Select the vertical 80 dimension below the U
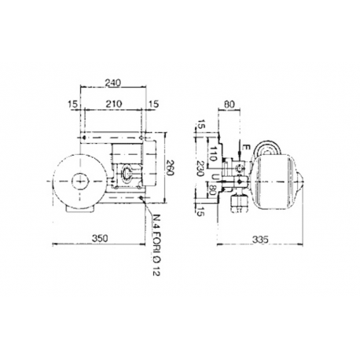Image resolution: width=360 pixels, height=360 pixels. tap(214, 190)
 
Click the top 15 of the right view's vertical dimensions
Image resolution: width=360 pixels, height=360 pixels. tap(203, 125)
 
